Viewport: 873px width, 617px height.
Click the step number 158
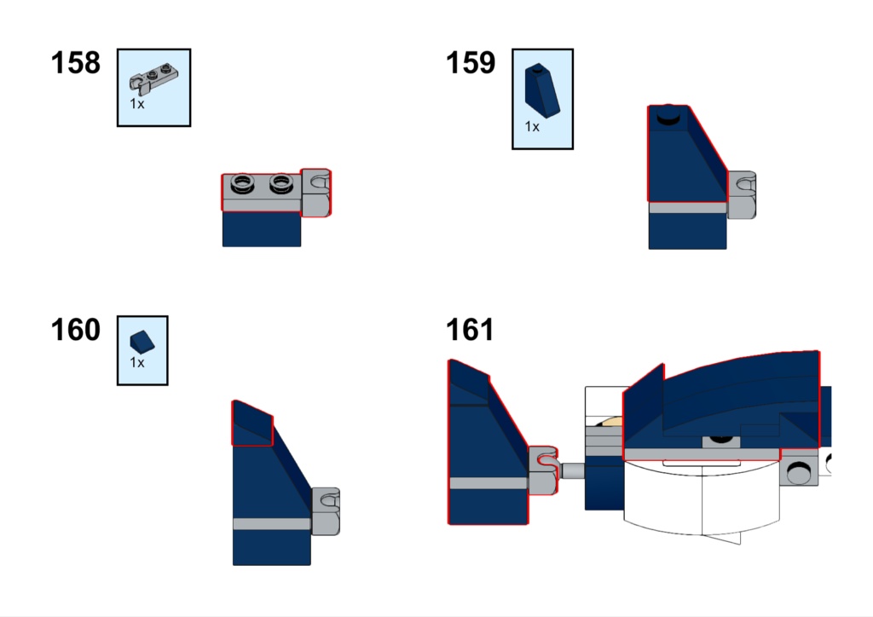click(x=75, y=62)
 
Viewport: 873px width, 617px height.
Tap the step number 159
click(x=471, y=62)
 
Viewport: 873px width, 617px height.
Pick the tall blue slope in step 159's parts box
click(x=541, y=90)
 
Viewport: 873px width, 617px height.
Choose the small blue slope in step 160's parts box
click(x=142, y=342)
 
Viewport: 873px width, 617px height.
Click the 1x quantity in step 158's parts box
click(x=137, y=103)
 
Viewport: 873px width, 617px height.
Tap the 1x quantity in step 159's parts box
click(x=532, y=127)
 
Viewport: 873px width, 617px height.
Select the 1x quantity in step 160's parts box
click(x=137, y=363)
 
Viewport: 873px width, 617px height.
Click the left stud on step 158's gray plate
click(x=242, y=183)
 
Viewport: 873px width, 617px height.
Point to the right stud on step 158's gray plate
click(x=281, y=183)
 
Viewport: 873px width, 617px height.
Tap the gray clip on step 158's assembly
click(x=315, y=193)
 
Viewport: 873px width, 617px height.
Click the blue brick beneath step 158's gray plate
click(x=262, y=228)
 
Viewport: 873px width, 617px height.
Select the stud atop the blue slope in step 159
click(x=668, y=116)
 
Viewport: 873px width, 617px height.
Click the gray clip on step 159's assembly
click(x=742, y=194)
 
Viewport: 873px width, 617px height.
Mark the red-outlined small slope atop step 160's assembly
click(x=252, y=424)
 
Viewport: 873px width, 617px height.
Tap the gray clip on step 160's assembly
click(x=326, y=512)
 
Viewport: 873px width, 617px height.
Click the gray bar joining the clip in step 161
click(x=571, y=470)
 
